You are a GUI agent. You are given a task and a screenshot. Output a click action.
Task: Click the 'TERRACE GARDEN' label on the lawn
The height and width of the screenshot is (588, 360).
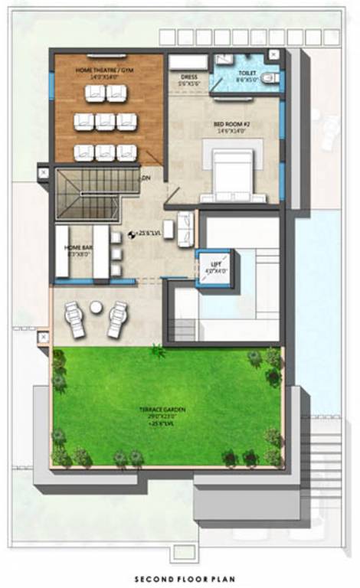click(166, 412)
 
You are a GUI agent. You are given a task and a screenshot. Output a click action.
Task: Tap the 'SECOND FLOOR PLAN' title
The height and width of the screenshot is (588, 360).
click(180, 580)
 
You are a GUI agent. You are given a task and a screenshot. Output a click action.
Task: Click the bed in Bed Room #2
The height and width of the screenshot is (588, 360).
click(233, 174)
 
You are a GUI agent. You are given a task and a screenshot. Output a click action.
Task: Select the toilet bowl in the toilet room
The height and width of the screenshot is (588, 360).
click(273, 78)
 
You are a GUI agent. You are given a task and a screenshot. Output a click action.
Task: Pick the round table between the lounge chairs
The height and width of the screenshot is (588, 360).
click(96, 307)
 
